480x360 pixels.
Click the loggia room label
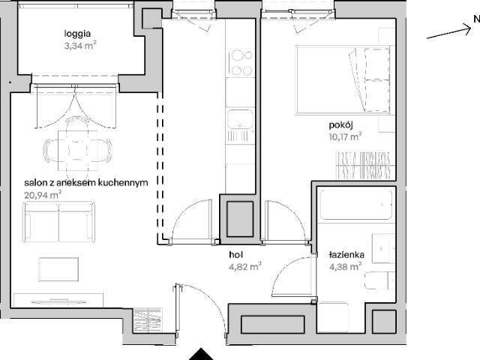pyautogui.click(x=79, y=33)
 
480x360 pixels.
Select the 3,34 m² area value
pyautogui.click(x=80, y=46)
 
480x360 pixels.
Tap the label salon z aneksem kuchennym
pyautogui.click(x=85, y=182)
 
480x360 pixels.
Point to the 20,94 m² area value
pyautogui.click(x=43, y=194)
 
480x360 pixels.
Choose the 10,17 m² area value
pyautogui.click(x=344, y=136)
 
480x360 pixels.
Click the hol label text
pyautogui.click(x=235, y=254)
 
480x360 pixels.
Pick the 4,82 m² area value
pyautogui.click(x=244, y=265)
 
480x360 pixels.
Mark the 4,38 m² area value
pyautogui.click(x=345, y=264)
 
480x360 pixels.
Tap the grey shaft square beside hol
pyautogui.click(x=240, y=217)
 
